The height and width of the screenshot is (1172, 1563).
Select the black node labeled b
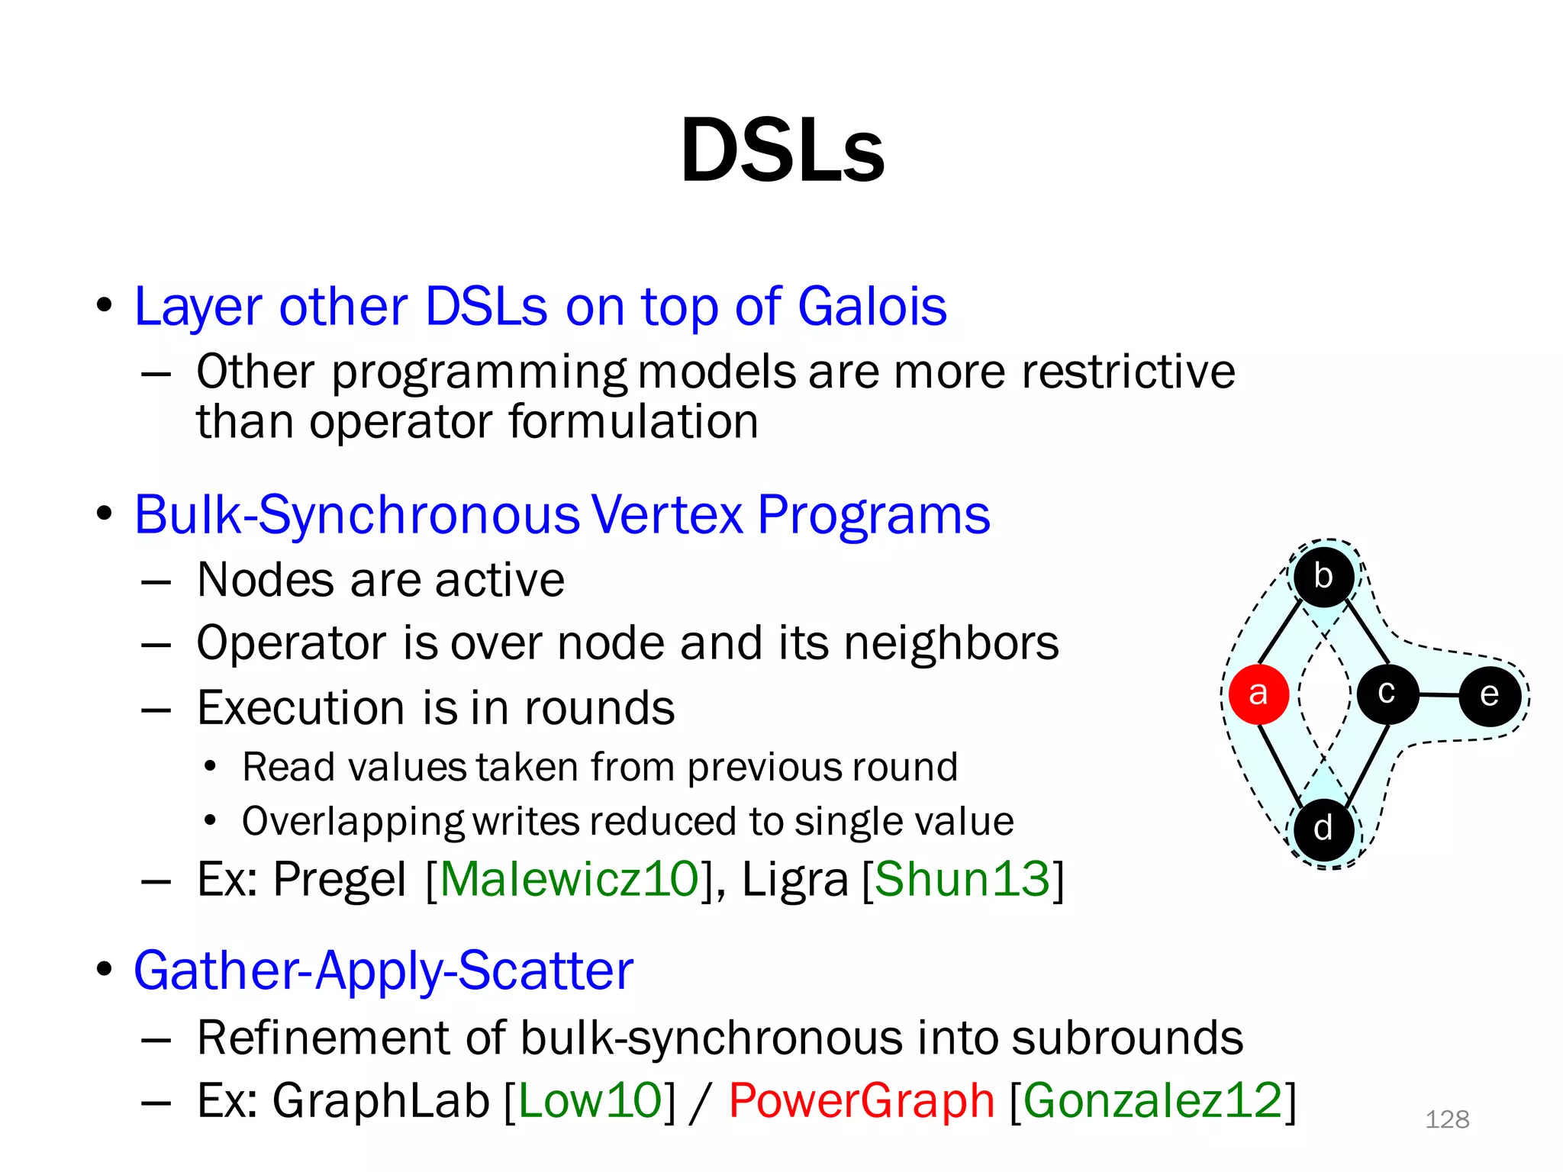(1324, 576)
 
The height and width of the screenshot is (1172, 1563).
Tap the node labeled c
(1387, 694)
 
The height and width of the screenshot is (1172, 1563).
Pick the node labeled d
(1324, 829)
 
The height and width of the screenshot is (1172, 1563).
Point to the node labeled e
(1490, 695)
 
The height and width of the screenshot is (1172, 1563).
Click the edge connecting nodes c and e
(1439, 695)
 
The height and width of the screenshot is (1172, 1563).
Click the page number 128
(1447, 1119)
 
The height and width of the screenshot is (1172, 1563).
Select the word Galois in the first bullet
(872, 307)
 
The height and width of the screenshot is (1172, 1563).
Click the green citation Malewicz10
(569, 879)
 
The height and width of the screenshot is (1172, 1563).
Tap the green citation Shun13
(962, 879)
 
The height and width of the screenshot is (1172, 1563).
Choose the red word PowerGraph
(862, 1101)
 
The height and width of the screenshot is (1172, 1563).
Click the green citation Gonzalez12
(1152, 1101)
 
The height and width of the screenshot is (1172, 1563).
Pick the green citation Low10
(590, 1101)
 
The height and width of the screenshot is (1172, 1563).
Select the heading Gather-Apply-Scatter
(384, 971)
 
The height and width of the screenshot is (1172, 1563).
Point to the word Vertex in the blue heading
(667, 515)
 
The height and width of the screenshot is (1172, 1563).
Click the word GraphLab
(381, 1101)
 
